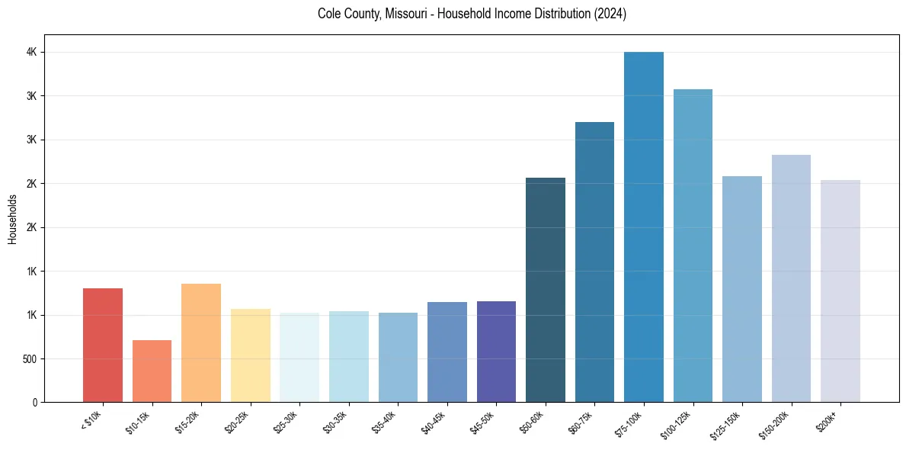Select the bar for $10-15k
[x=152, y=371]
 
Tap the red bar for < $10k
[x=103, y=346]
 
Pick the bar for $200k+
[x=840, y=291]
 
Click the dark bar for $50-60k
[x=545, y=290]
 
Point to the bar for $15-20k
[x=201, y=343]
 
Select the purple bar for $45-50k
[x=496, y=352]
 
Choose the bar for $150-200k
[x=791, y=278]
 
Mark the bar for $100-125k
[x=693, y=246]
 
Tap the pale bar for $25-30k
[x=299, y=358]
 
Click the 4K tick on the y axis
[x=32, y=53]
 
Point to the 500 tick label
[x=28, y=359]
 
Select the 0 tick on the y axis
[x=35, y=403]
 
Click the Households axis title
[x=12, y=219]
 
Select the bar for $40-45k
[x=447, y=352]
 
